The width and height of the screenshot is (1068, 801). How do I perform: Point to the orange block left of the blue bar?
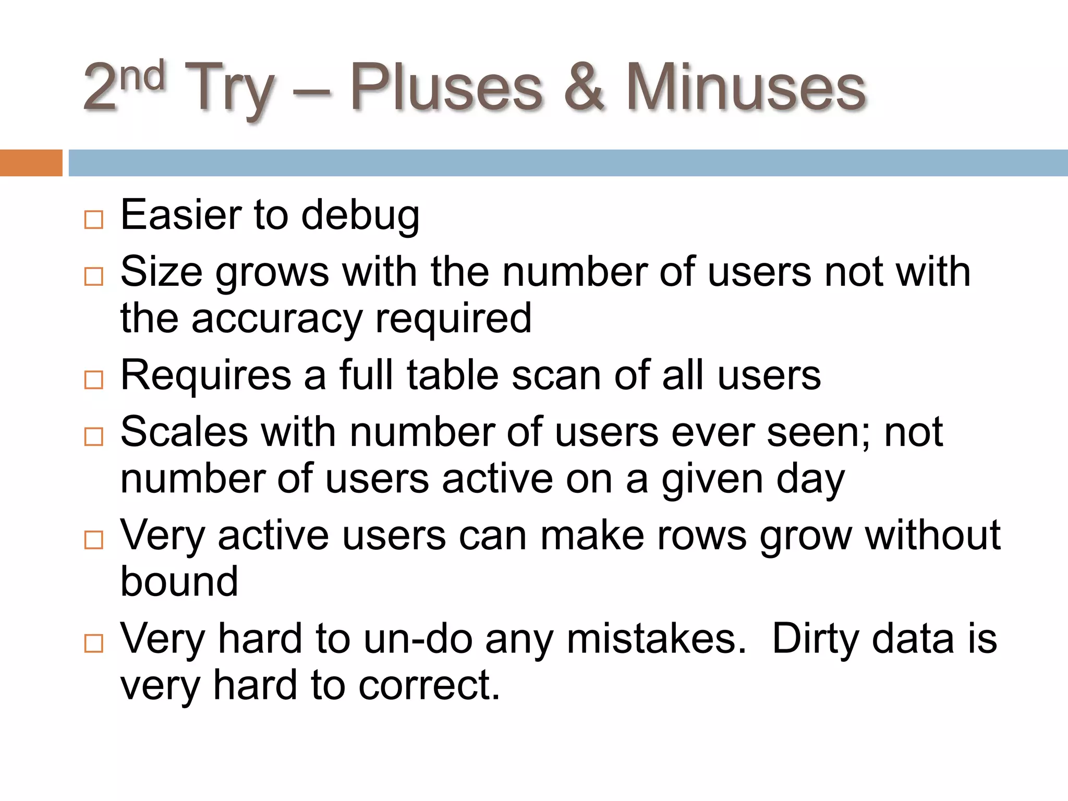click(x=31, y=163)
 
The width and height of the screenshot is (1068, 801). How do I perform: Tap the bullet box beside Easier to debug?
click(x=94, y=220)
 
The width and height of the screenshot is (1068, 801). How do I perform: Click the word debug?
click(x=360, y=215)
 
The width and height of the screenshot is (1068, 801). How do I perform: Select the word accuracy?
click(x=276, y=318)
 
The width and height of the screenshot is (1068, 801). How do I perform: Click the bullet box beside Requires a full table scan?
click(x=94, y=380)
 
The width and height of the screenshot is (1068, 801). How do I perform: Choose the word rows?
click(x=702, y=535)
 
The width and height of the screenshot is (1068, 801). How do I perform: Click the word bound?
click(x=179, y=581)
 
